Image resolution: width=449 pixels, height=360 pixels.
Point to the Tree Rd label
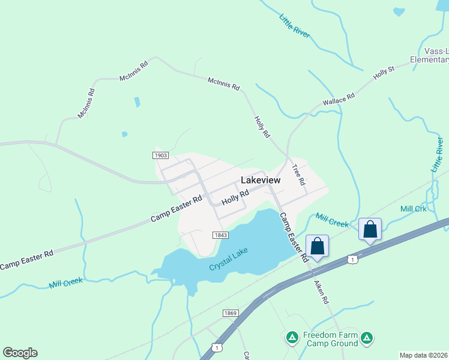[x=298, y=174]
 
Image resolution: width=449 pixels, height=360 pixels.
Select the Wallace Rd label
[x=339, y=98]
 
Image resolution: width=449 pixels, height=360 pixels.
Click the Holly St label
[x=383, y=74]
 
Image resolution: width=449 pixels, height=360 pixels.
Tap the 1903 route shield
[x=160, y=155]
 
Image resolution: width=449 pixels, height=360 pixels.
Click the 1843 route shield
[x=220, y=235]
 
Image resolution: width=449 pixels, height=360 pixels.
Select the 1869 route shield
[x=231, y=313]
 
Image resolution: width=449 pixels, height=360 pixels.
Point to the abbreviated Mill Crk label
[x=413, y=209]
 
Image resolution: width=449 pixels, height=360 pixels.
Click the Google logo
[x=20, y=353]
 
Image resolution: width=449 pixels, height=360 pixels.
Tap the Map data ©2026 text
[x=423, y=355]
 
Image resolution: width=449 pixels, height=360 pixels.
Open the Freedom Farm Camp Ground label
[x=330, y=339]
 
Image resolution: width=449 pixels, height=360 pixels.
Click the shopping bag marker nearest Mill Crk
[x=370, y=230]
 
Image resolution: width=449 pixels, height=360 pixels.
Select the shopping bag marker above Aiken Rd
[x=317, y=246]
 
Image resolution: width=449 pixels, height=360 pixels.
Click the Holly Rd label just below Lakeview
[x=235, y=197]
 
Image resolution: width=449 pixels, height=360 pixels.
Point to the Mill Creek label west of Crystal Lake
[x=66, y=281]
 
